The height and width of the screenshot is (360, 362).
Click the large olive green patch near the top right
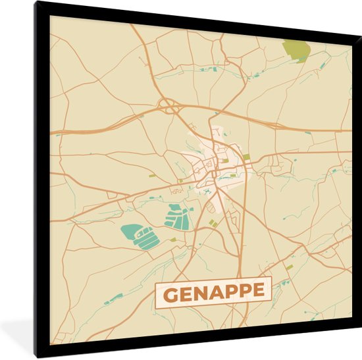296,50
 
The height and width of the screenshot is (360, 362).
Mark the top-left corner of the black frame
37,3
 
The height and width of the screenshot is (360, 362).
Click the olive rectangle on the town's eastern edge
246,157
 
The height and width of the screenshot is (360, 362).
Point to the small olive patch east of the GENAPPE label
289,267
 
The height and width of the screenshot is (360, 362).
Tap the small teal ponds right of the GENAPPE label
284,284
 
